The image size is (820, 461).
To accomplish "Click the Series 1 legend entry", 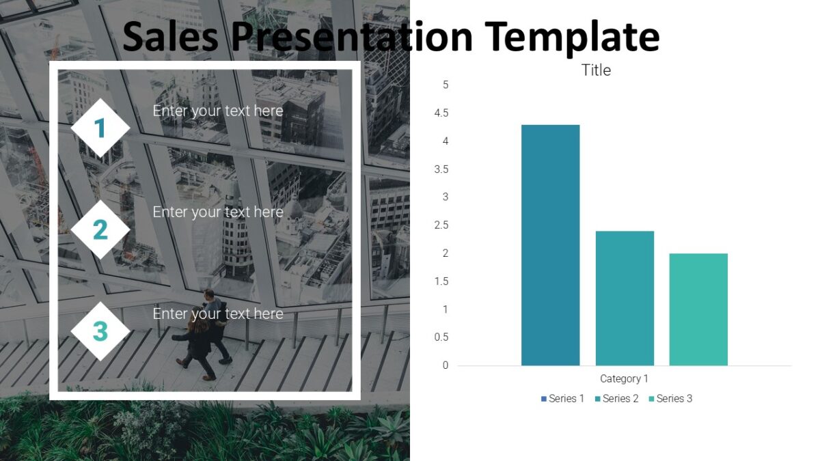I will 562,398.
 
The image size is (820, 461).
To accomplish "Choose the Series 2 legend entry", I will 616,398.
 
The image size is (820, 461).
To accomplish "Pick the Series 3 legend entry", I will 670,398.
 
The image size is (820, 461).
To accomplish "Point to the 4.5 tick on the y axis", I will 441,113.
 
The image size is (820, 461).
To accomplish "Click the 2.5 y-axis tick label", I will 441,225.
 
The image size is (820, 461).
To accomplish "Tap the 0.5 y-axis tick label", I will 441,337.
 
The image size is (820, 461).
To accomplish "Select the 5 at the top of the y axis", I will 446,85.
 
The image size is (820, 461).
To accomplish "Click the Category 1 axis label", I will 624,378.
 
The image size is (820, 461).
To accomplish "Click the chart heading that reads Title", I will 596,70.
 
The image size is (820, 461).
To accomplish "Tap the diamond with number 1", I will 100,128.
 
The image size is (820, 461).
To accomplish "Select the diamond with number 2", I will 100,229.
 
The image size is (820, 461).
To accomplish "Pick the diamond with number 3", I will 100,331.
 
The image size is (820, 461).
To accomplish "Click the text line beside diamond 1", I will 217,111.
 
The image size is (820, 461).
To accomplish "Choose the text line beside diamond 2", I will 217,212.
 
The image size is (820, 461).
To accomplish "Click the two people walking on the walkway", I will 204,335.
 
